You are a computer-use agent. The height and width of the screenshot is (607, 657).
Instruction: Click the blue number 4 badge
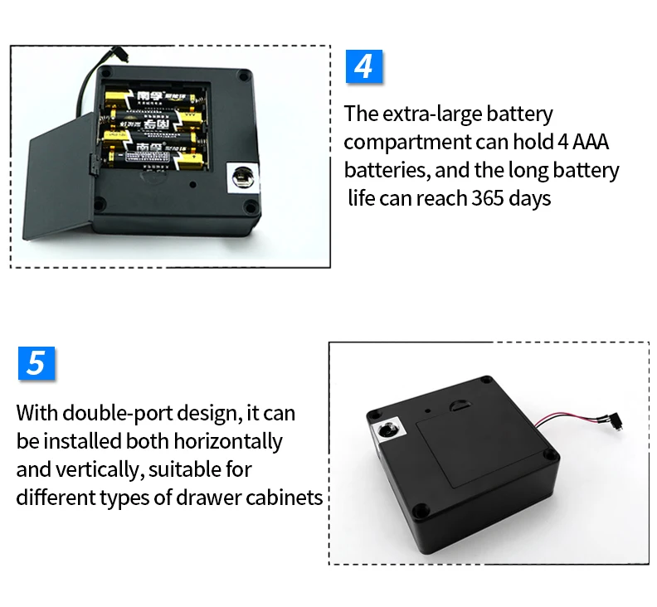(x=363, y=66)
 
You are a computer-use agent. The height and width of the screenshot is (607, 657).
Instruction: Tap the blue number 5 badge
(x=36, y=364)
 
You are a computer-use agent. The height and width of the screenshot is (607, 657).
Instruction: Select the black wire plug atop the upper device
(x=121, y=55)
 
